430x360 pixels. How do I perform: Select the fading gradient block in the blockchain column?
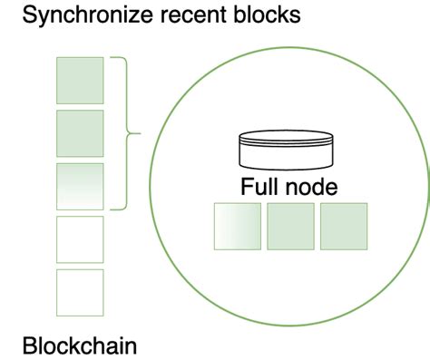pos(80,186)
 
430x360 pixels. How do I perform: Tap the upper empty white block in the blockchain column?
pos(80,238)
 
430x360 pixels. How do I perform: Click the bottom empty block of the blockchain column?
pos(80,292)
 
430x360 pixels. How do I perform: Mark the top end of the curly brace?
pos(112,58)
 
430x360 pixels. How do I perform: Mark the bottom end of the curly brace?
pos(112,209)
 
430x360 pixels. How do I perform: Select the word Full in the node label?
pos(259,188)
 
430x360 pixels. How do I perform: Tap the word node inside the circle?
pos(310,188)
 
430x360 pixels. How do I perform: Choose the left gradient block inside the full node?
pos(237,226)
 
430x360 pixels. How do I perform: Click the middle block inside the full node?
pos(290,226)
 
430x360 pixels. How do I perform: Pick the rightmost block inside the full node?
pos(344,226)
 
